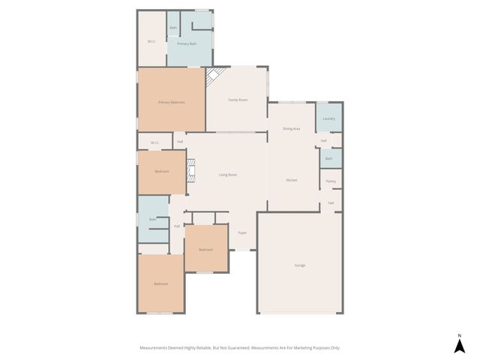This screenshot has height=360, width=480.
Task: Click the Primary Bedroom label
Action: coord(171,102)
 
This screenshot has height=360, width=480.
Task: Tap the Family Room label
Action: coord(238,100)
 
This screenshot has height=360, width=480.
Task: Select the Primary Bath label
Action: coord(187,44)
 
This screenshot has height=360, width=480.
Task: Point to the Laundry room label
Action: coord(328,118)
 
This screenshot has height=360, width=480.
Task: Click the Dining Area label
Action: coord(291,129)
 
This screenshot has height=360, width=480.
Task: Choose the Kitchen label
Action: coord(292,181)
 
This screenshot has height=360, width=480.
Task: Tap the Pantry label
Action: coord(331,181)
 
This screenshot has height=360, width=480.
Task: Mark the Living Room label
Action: coord(227,175)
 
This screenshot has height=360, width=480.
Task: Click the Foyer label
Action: coord(242,233)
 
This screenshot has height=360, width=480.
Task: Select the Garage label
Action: coord(299,265)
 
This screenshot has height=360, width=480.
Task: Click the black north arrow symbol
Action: coord(460,346)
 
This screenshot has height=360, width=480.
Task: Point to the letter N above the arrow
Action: coord(460,334)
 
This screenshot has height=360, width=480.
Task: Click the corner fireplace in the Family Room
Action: coord(214,76)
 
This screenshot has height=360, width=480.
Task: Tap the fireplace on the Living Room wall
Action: coord(191,171)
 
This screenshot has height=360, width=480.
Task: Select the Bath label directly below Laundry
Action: coord(328,158)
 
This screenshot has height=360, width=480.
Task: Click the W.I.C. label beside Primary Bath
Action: coord(151,41)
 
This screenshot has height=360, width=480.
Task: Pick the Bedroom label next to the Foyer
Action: coord(205,250)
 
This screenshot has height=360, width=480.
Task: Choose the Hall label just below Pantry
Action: coord(331,203)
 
